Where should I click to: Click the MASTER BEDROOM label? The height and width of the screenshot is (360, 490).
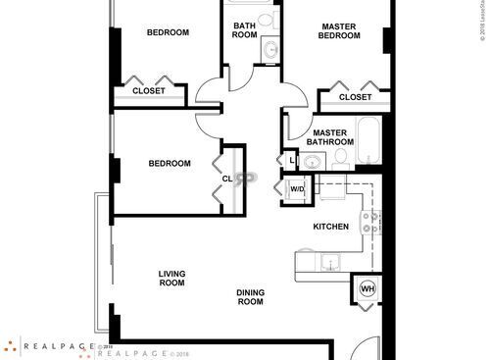click(x=339, y=30)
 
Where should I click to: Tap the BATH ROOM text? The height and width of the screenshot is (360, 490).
click(x=244, y=29)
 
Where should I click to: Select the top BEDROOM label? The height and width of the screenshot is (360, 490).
click(x=168, y=32)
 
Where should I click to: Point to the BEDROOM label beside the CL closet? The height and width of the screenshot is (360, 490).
click(x=170, y=163)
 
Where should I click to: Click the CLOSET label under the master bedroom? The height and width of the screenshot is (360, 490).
click(x=355, y=97)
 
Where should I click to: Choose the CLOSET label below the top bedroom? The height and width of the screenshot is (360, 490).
click(x=149, y=91)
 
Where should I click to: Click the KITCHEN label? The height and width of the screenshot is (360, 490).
click(x=330, y=227)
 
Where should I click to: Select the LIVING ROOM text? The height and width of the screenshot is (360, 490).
click(x=172, y=279)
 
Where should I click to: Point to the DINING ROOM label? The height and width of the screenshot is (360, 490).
click(x=251, y=297)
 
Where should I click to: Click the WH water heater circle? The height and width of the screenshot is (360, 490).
click(x=367, y=289)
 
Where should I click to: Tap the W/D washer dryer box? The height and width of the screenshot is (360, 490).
click(x=296, y=188)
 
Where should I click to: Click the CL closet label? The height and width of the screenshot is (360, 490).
click(x=226, y=179)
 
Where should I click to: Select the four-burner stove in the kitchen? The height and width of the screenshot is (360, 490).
click(x=370, y=223)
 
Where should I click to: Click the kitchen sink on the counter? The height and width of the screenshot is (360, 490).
click(x=330, y=262)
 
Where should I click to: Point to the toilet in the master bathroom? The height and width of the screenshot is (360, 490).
click(x=342, y=155)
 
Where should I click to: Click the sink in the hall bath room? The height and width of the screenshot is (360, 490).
click(x=269, y=49)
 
